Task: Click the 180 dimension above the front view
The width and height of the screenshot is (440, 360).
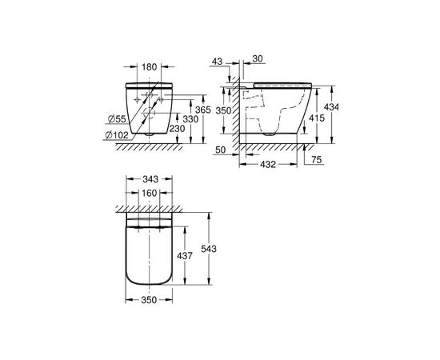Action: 148,67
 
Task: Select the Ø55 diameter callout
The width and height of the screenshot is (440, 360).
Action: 116,119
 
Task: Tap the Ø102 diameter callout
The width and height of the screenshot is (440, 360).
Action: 118,134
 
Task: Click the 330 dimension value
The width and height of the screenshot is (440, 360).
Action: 188,119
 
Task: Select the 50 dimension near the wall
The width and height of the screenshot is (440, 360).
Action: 221,149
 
